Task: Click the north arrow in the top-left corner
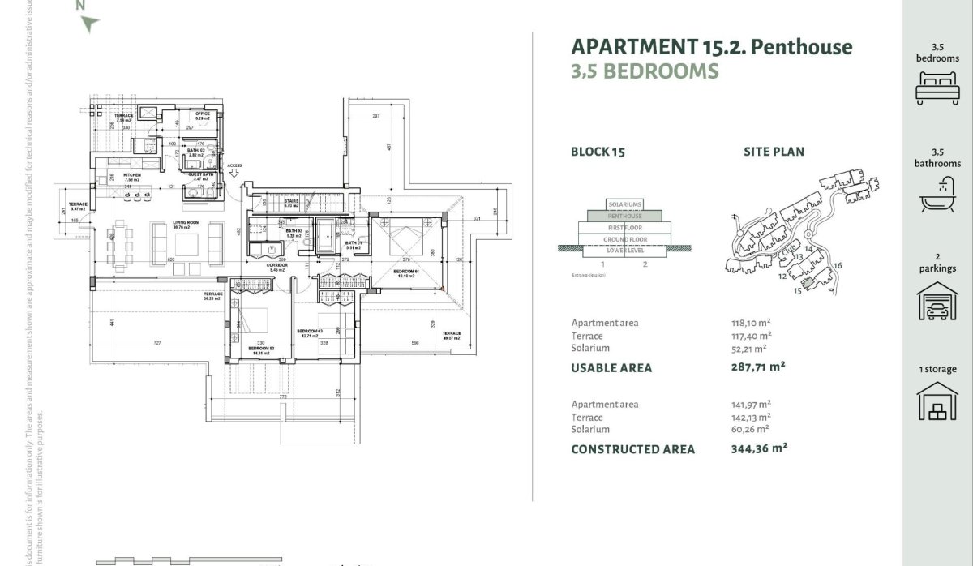point(88,24)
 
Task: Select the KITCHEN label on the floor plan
point(133,174)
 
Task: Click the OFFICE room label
point(203,114)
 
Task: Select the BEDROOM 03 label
point(310,331)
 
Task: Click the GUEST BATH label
point(201,174)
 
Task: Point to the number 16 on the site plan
point(838,266)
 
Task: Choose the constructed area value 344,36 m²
point(759,448)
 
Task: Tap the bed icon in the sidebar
point(937,88)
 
